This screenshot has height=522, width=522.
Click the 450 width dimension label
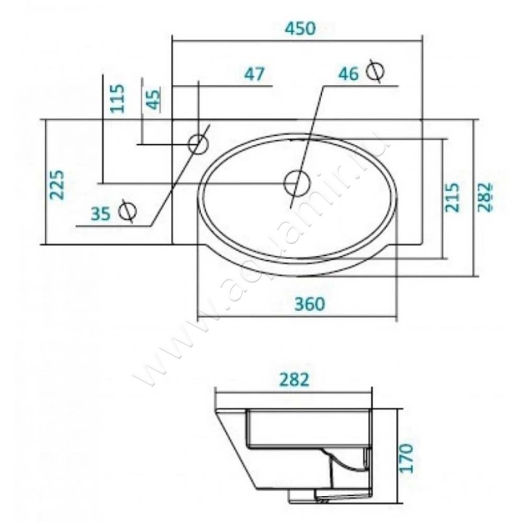click(301, 28)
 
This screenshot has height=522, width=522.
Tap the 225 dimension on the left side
click(57, 185)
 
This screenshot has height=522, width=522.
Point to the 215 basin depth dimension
click(453, 197)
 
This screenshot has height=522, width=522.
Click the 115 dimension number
click(117, 99)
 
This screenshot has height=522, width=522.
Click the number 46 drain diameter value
click(348, 74)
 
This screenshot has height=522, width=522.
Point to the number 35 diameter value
click(100, 213)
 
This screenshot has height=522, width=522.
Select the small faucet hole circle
click(198, 143)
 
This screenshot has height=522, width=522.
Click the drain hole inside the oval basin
click(296, 182)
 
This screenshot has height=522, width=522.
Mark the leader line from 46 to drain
click(310, 130)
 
